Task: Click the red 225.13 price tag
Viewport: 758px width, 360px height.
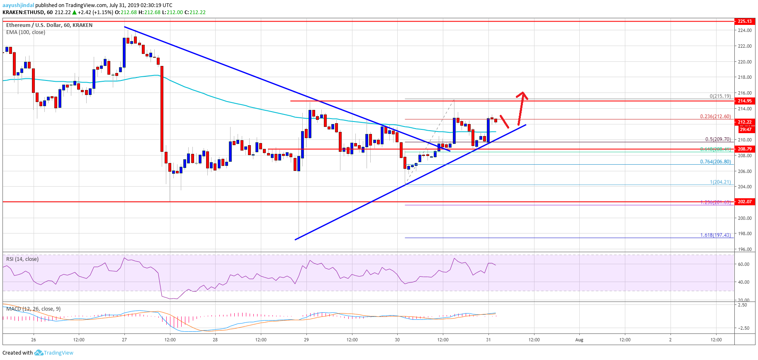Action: (745, 21)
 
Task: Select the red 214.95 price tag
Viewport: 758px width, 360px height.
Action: (745, 101)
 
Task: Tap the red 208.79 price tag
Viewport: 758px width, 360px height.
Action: (745, 149)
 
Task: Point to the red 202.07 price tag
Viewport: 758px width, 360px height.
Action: (745, 202)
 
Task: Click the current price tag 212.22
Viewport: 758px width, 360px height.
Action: (745, 122)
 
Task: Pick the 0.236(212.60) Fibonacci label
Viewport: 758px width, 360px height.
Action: (715, 117)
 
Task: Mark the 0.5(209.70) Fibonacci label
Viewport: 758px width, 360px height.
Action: (718, 140)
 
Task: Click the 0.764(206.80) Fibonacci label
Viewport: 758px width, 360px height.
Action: (715, 162)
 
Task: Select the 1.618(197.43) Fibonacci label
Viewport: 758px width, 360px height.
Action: (715, 235)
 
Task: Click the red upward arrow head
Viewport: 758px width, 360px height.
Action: (523, 95)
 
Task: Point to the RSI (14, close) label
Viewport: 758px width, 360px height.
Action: (22, 259)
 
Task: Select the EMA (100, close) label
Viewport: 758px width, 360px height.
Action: (26, 32)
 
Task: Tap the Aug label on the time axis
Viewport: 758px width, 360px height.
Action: (579, 340)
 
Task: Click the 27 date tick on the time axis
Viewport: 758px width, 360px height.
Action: (124, 340)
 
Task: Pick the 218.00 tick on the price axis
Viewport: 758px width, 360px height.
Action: (745, 77)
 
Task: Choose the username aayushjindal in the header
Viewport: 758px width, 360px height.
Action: (18, 5)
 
